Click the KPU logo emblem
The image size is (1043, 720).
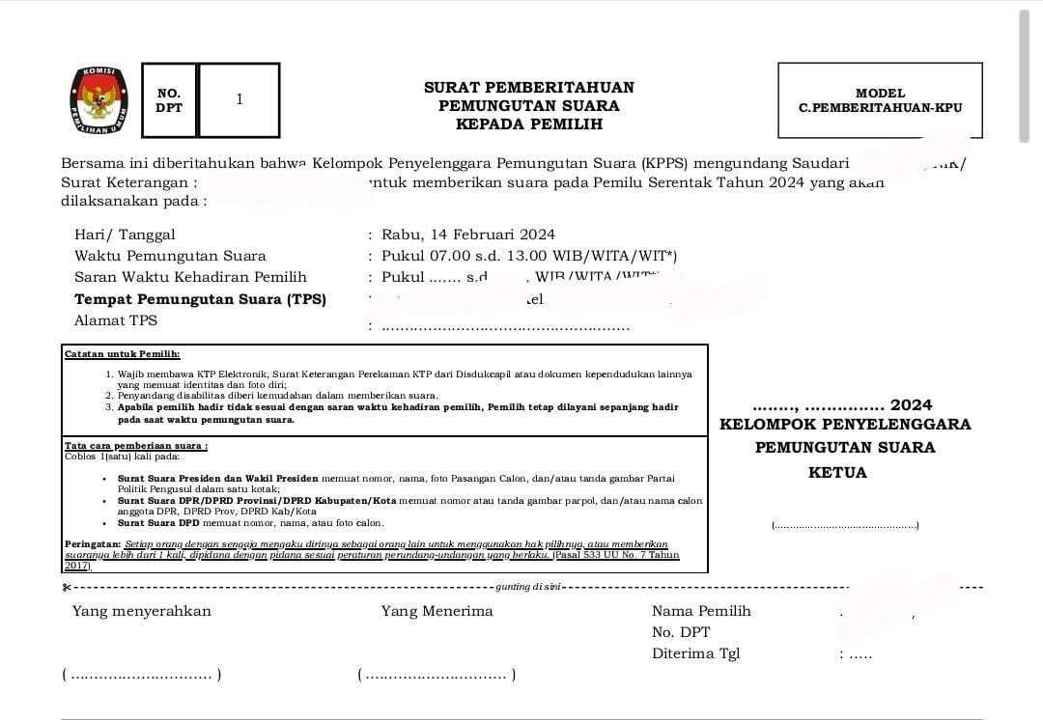(99, 100)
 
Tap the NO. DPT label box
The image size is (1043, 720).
(169, 100)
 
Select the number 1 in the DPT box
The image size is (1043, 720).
(240, 99)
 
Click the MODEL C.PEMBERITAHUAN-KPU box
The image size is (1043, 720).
(880, 100)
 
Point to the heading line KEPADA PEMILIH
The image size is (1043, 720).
(528, 125)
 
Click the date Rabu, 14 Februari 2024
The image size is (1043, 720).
(468, 235)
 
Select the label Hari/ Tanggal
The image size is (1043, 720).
(125, 235)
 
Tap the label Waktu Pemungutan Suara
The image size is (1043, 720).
(170, 256)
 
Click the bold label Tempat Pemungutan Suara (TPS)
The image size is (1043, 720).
(200, 299)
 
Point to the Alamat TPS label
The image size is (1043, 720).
(115, 320)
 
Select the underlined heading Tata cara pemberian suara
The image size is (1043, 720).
(136, 446)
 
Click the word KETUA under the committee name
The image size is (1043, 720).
(837, 473)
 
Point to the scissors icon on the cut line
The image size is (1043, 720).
(67, 587)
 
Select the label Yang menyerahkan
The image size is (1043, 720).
(141, 611)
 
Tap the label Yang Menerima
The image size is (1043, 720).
(437, 611)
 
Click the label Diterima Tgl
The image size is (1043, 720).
(695, 653)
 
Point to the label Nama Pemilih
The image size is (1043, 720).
(701, 611)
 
